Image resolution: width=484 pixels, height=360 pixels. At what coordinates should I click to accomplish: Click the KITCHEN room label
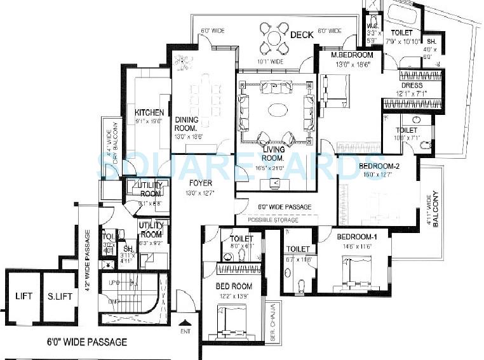149,113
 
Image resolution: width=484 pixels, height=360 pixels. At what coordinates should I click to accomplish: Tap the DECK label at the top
302,35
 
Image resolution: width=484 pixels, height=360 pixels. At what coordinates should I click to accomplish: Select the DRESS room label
411,85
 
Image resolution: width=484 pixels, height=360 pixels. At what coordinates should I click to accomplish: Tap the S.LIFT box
59,297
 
